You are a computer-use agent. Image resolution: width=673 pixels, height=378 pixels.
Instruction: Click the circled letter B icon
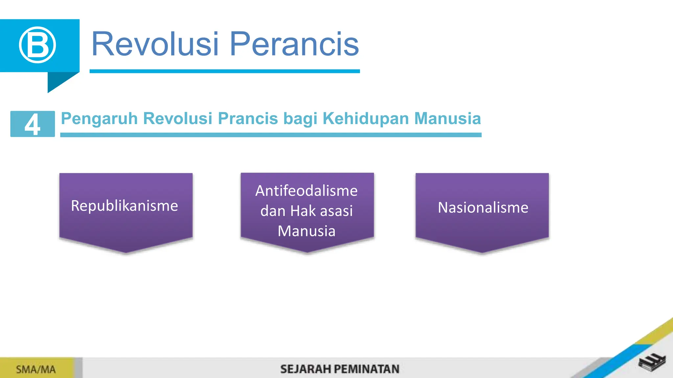(37, 45)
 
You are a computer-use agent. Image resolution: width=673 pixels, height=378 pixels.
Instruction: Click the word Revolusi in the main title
(155, 44)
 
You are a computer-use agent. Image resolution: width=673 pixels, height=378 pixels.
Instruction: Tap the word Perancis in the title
(294, 44)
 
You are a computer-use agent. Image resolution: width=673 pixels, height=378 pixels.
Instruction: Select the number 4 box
(33, 124)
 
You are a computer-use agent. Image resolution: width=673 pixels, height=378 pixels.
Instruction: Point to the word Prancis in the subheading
(248, 118)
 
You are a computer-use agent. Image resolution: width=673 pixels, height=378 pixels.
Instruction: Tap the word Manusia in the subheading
(448, 118)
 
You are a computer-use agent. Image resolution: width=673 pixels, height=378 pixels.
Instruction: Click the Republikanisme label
(125, 206)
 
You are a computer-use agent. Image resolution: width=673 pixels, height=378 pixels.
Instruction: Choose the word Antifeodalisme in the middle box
(306, 191)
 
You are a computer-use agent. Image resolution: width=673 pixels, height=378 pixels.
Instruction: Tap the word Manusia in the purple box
(307, 231)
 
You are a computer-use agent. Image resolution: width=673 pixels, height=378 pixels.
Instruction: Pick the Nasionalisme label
(483, 208)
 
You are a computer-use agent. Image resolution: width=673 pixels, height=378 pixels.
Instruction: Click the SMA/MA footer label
(36, 369)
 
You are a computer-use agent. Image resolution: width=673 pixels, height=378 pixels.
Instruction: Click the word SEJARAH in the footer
(305, 369)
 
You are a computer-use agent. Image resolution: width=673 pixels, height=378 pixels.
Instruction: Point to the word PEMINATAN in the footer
(367, 369)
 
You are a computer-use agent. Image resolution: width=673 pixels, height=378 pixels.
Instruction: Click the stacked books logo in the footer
(652, 363)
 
